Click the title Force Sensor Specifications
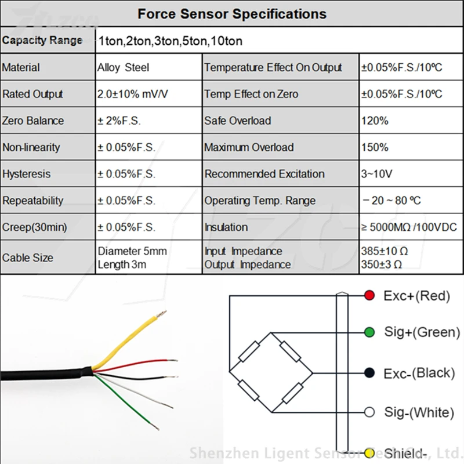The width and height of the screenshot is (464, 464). pyautogui.click(x=232, y=14)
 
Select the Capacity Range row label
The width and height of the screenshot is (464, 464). pyautogui.click(x=42, y=41)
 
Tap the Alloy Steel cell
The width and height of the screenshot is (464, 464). pyautogui.click(x=123, y=67)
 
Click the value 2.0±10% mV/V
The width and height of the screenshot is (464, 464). pyautogui.click(x=133, y=94)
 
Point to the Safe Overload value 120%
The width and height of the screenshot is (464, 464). pyautogui.click(x=375, y=121)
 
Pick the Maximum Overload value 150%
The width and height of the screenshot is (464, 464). pyautogui.click(x=375, y=147)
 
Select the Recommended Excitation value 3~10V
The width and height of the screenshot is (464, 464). pyautogui.click(x=377, y=174)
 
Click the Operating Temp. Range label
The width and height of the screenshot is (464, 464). pyautogui.click(x=260, y=201)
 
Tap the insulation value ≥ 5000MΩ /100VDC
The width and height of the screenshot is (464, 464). pyautogui.click(x=408, y=227)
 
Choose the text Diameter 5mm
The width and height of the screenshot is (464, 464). pyautogui.click(x=132, y=252)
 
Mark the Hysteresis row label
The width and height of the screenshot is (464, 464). pyautogui.click(x=26, y=174)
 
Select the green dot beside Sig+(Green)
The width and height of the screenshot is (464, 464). pyautogui.click(x=369, y=332)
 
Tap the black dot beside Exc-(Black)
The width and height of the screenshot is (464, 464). pyautogui.click(x=369, y=372)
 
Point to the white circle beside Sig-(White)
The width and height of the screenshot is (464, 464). pyautogui.click(x=369, y=412)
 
